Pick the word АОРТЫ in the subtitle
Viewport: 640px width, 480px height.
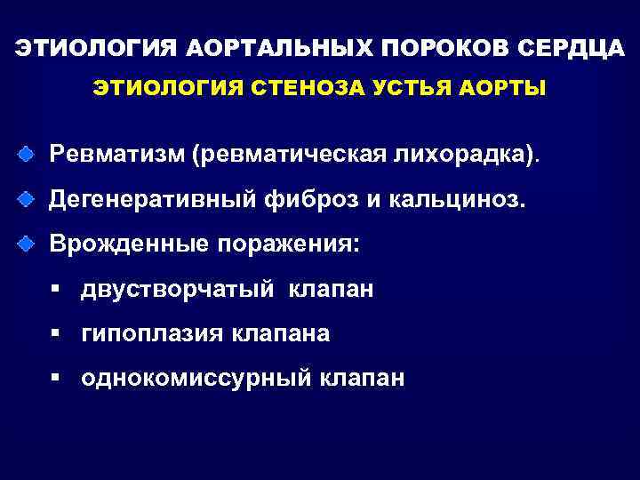click(508, 89)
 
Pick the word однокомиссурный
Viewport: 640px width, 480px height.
click(196, 379)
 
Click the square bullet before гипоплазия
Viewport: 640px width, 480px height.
click(55, 333)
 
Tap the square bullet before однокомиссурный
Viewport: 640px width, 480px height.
click(55, 378)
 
